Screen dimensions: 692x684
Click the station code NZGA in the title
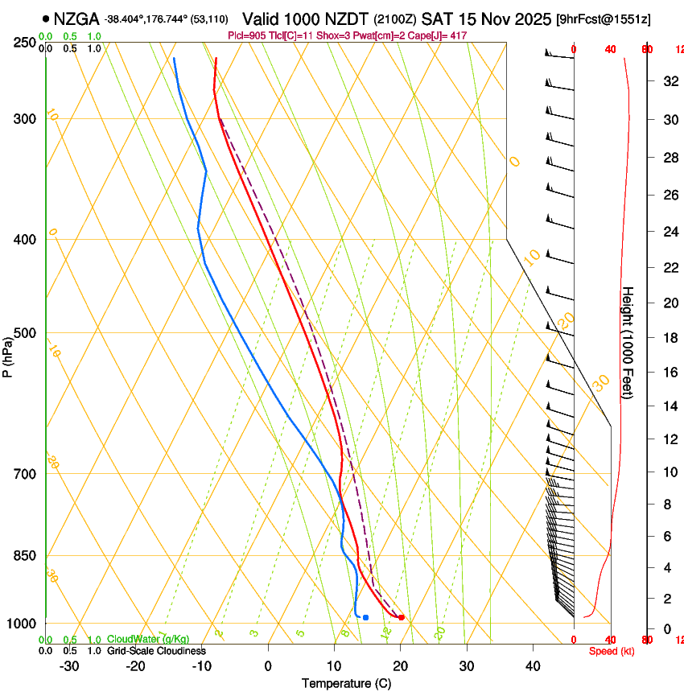[x=76, y=18]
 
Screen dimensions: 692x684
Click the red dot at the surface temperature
[x=402, y=618]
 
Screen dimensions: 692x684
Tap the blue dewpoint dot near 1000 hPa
[x=365, y=618]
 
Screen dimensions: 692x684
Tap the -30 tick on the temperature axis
[x=69, y=665]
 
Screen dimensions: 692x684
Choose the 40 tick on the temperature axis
[x=533, y=665]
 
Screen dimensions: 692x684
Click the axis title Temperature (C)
[x=347, y=683]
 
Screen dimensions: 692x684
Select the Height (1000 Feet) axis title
[x=628, y=343]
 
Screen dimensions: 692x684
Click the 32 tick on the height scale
[x=669, y=81]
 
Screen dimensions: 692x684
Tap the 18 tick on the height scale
[x=669, y=338]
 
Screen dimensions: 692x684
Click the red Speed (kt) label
[x=612, y=651]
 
